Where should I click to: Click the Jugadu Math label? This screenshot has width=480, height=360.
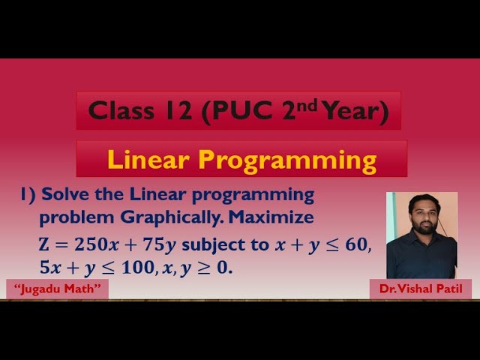(57, 289)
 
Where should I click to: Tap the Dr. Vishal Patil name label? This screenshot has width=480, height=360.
(421, 289)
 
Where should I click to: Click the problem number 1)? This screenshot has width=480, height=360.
(28, 195)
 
